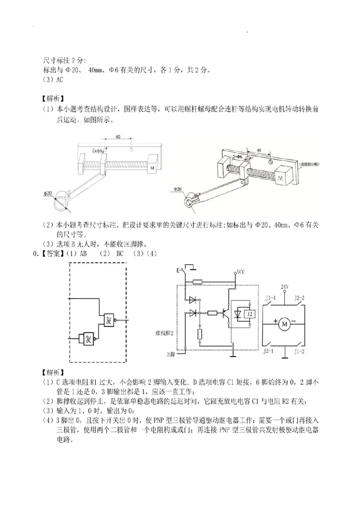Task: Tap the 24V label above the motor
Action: pos(285,287)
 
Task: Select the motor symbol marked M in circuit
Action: pos(285,324)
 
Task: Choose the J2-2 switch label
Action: pos(299,298)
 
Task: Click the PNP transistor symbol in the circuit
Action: pos(225,313)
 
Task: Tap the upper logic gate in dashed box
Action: pos(109,320)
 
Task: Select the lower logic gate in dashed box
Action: pos(88,338)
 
